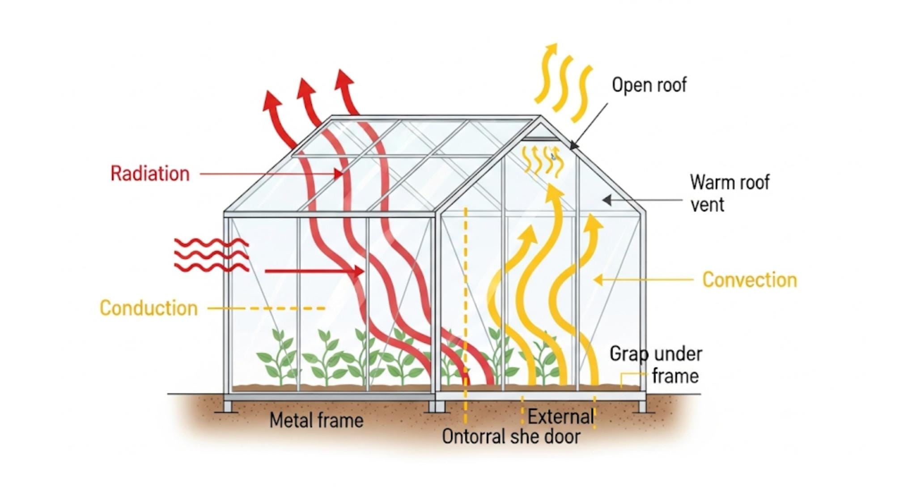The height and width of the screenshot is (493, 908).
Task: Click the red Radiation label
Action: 150,174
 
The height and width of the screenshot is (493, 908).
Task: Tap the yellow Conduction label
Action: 149,308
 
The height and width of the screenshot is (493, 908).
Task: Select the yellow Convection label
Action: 749,280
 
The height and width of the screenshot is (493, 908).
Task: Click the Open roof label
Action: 649,85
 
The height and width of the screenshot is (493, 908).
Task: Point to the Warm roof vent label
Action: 729,193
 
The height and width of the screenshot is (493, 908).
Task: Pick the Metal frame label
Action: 316,421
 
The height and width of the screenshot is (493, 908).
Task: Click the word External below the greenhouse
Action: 560,417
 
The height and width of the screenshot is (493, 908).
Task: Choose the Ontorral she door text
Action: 511,437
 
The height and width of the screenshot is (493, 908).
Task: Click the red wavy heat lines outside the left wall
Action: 211,255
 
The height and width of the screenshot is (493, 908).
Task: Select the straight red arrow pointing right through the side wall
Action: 313,271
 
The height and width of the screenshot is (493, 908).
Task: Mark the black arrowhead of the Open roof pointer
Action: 573,145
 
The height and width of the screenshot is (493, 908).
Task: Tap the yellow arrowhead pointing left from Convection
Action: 598,280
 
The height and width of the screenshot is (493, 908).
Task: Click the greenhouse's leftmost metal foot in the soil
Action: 228,406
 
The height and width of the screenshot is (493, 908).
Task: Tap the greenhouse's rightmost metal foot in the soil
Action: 642,406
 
